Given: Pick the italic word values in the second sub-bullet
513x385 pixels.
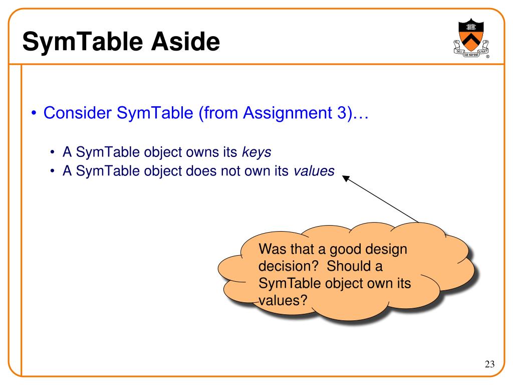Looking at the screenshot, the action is tap(314, 171).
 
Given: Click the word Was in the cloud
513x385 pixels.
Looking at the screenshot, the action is tap(271, 249).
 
